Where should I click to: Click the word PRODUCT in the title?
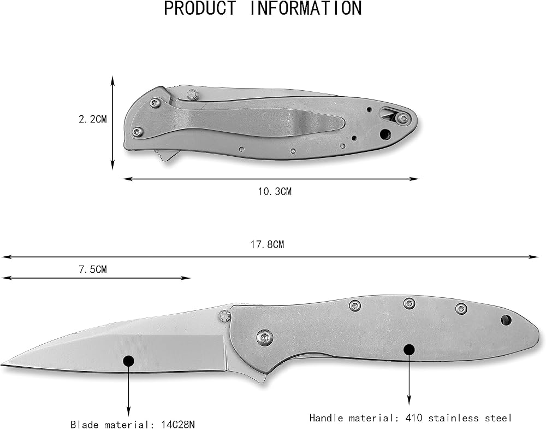coord(200,8)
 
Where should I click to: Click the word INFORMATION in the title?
coord(306,8)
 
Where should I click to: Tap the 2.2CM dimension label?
coord(93,120)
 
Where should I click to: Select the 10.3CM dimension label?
coord(275,192)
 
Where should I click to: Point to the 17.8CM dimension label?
coord(268,245)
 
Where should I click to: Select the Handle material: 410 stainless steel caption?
coord(411,418)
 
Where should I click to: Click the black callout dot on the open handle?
coord(409,350)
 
